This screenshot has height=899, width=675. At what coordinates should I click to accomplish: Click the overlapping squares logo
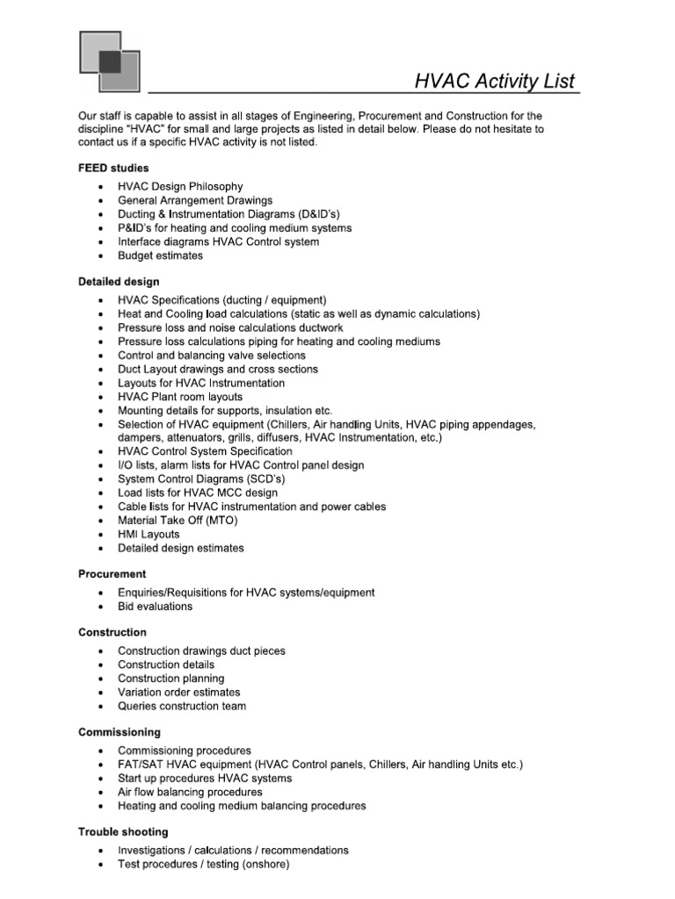coord(109,61)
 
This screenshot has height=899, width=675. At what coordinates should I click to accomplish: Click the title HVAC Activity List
coord(495,82)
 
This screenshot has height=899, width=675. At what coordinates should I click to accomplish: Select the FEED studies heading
coord(113,167)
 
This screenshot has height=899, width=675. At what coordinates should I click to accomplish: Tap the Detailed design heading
coord(119,282)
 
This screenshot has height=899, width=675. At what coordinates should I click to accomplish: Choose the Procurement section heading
coord(112,573)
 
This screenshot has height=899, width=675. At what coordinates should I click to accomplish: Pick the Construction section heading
coord(112,632)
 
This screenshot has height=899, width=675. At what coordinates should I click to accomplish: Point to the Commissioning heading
coord(119,731)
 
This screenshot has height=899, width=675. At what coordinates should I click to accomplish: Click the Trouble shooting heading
coord(123,831)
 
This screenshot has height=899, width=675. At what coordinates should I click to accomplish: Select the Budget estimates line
coord(160,255)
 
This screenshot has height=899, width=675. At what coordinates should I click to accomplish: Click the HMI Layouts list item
coord(149,534)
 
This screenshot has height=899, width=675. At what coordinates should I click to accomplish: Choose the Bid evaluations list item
coord(155,606)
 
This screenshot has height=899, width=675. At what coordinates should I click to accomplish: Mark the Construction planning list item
coord(171,678)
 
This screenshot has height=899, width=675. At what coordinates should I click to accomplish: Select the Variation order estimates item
coord(178,692)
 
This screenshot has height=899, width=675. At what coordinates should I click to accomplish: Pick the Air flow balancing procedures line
coord(190,792)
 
